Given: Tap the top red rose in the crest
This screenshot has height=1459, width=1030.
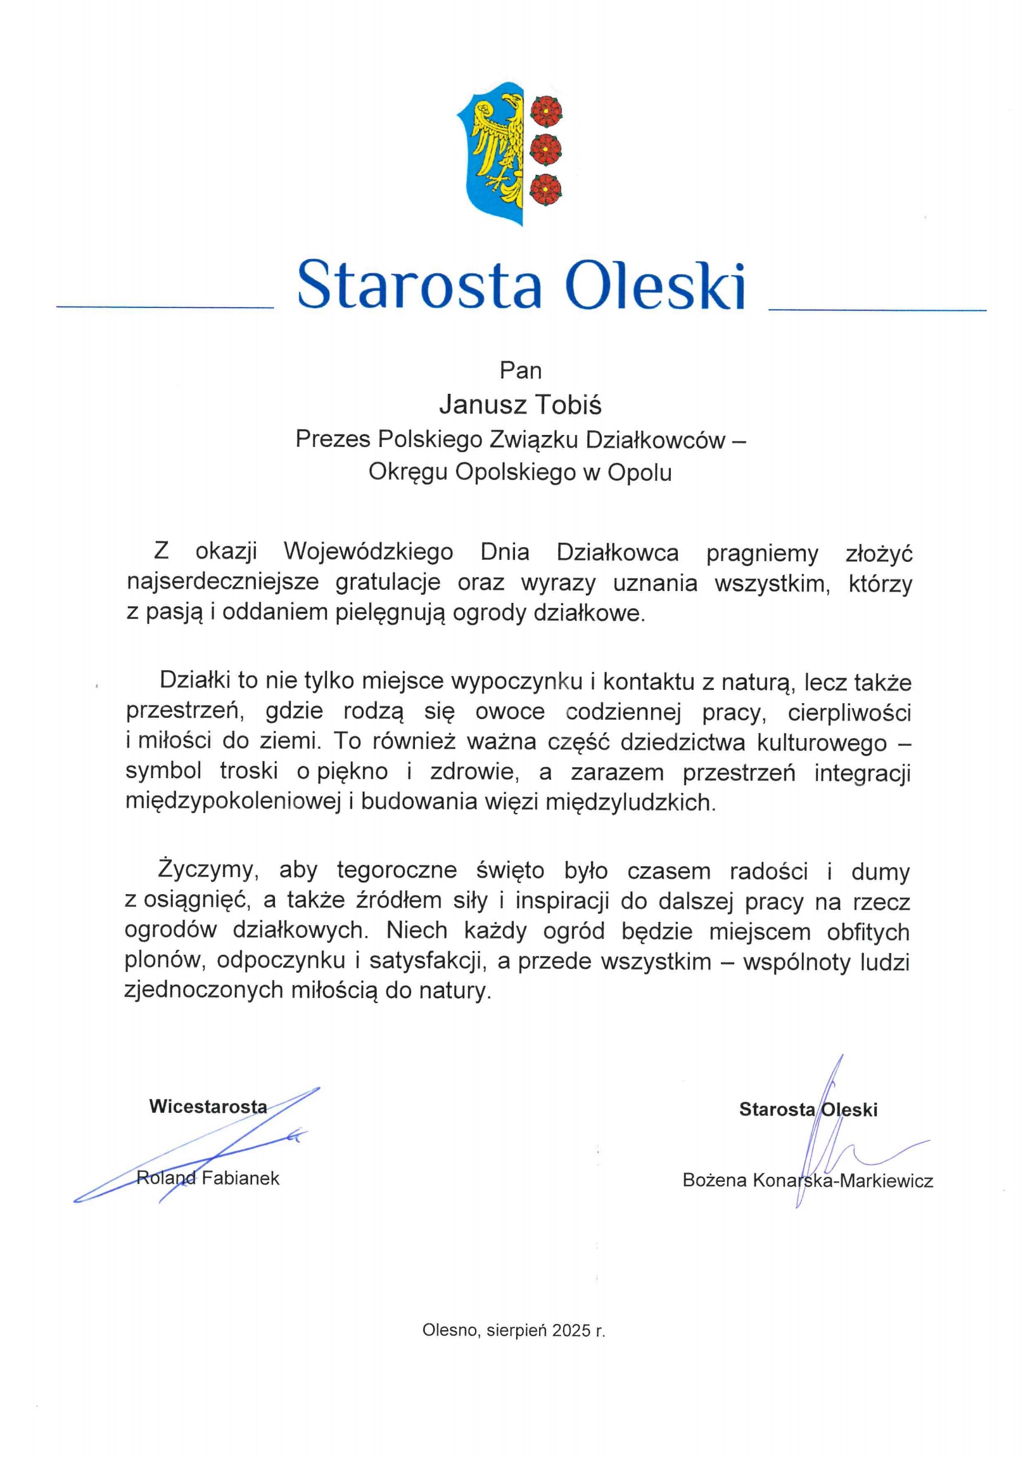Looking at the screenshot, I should [546, 110].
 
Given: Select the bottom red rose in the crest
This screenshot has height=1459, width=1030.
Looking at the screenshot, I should [546, 189].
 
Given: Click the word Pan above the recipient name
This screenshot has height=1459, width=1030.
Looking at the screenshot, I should [520, 370].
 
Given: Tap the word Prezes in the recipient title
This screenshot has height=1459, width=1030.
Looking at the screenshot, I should [333, 439].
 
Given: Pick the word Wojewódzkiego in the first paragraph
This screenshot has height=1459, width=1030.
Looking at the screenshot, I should [368, 552].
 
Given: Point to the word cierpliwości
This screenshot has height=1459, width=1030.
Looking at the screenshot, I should [849, 712].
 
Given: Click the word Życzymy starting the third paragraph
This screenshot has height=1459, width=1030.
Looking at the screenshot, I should [207, 871].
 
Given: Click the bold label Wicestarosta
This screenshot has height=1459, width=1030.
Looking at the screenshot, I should [208, 1106].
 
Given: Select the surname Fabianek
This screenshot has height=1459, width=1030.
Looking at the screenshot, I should [241, 1178].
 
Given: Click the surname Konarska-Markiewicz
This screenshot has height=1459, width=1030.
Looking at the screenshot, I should [842, 1181].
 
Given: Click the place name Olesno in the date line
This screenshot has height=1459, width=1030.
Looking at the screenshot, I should [451, 1331].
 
